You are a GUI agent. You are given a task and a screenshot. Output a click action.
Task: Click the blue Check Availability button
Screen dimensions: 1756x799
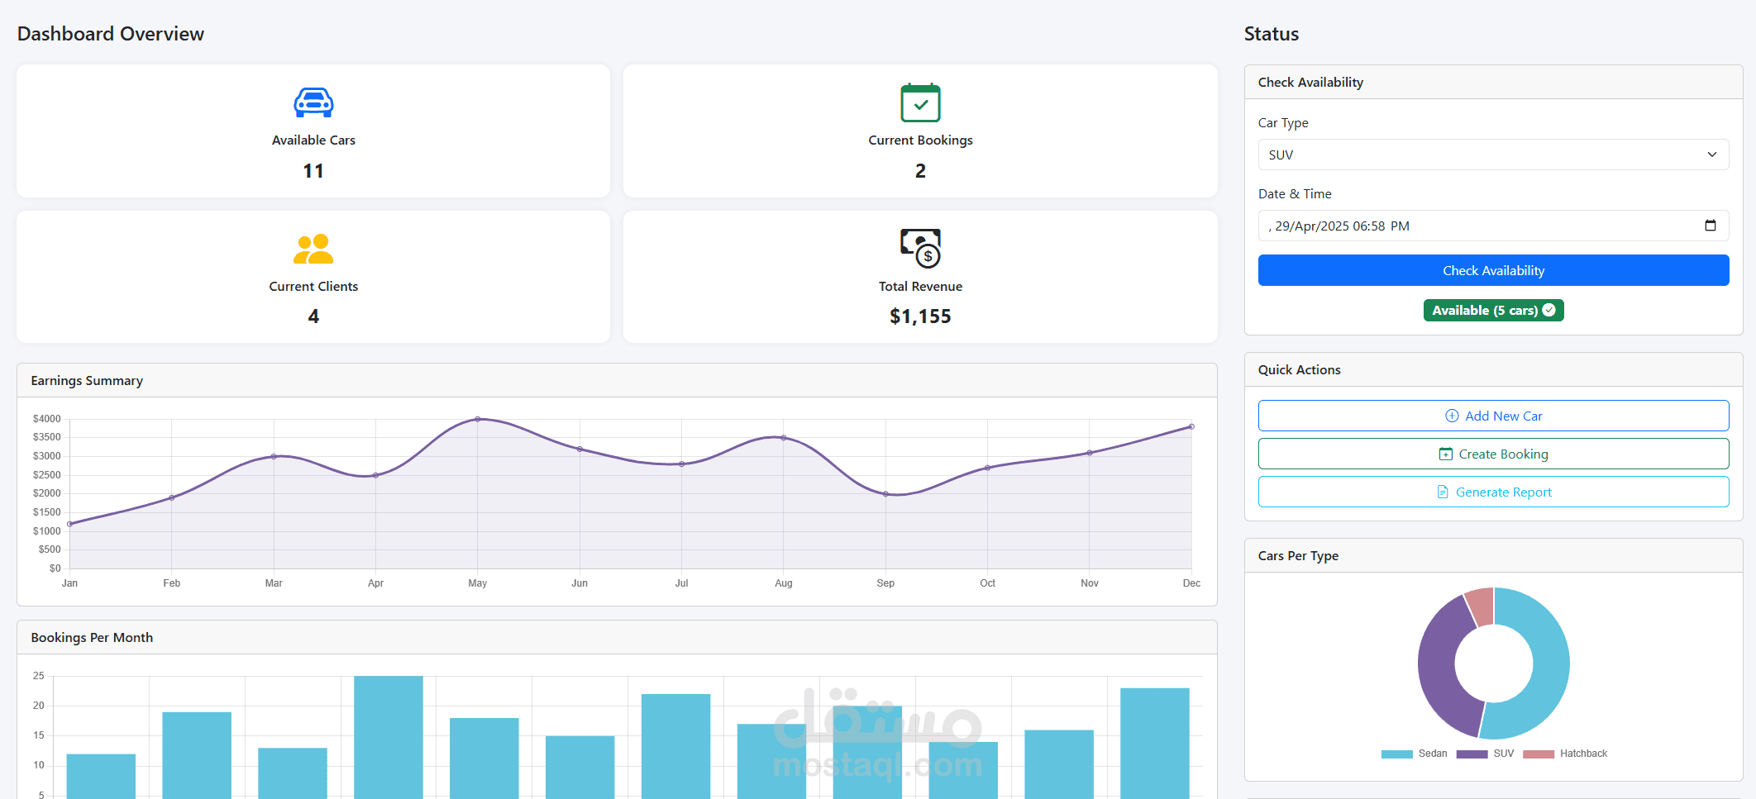pyautogui.click(x=1493, y=270)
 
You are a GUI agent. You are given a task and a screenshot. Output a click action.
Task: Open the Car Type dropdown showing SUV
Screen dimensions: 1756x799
pyautogui.click(x=1493, y=155)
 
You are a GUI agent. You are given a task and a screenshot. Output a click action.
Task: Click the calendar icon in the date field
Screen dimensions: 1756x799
pyautogui.click(x=1711, y=226)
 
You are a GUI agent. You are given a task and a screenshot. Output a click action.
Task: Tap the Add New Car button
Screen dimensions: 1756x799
pyautogui.click(x=1493, y=416)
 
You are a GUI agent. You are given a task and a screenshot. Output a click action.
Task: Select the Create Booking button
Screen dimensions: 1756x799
pyautogui.click(x=1493, y=454)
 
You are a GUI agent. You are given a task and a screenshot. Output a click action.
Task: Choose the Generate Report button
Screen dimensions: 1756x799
pyautogui.click(x=1493, y=492)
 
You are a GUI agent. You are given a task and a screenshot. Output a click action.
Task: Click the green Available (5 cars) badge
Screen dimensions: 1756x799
pyautogui.click(x=1493, y=311)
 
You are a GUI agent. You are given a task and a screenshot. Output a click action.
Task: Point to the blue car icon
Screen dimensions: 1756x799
pyautogui.click(x=313, y=102)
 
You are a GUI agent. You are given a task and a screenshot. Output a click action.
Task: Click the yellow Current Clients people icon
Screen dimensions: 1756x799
pyautogui.click(x=313, y=249)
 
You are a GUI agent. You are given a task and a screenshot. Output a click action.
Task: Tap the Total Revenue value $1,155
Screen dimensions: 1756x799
pyautogui.click(x=920, y=316)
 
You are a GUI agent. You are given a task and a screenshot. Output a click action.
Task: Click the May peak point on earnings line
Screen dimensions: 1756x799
pyautogui.click(x=478, y=419)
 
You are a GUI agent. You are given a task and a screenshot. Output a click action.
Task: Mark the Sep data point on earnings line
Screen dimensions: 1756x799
pyautogui.click(x=885, y=494)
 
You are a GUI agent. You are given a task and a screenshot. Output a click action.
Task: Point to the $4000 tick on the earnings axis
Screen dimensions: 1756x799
pyautogui.click(x=47, y=419)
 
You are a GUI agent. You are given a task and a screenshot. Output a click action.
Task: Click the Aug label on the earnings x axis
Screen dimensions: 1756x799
pyautogui.click(x=784, y=583)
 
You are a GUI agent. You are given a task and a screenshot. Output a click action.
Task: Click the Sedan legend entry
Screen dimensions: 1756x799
pyautogui.click(x=1415, y=754)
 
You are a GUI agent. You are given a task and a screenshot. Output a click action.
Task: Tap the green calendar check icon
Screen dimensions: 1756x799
pyautogui.click(x=920, y=102)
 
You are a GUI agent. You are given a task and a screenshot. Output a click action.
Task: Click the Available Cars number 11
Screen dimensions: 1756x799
pyautogui.click(x=313, y=171)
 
